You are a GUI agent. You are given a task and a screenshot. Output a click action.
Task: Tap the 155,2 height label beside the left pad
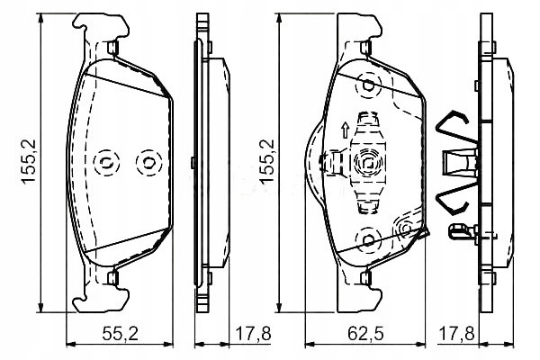click(x=30, y=161)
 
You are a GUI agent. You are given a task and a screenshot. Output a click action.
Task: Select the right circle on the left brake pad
click(x=144, y=163)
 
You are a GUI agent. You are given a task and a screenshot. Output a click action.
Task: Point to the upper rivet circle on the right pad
click(x=367, y=86)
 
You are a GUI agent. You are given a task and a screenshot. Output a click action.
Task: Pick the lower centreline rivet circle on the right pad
click(x=367, y=238)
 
